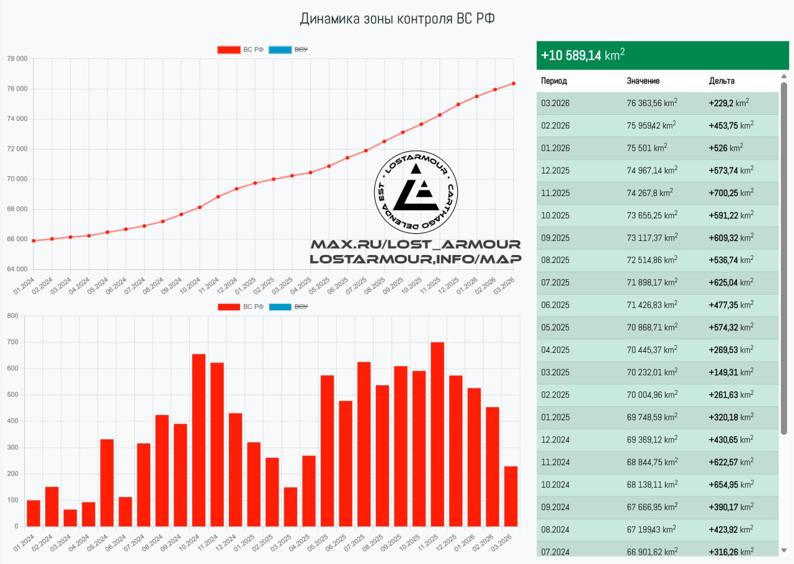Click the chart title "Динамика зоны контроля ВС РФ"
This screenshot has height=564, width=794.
[x=397, y=19]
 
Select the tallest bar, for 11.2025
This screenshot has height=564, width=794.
[x=437, y=434]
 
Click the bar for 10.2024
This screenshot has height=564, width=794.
[x=199, y=441]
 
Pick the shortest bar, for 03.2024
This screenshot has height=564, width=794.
[x=70, y=518]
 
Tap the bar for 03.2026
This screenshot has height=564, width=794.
[x=511, y=496]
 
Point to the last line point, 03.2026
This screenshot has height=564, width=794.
[x=514, y=84]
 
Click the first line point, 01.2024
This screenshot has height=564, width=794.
[x=33, y=241]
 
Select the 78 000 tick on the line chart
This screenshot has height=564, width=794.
[x=17, y=58]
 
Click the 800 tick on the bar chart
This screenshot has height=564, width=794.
[x=13, y=315]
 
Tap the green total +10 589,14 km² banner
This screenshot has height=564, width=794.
[x=662, y=55]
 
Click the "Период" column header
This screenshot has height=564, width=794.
[x=554, y=81]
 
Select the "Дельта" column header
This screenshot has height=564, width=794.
[x=721, y=81]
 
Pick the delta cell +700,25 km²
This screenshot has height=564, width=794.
[x=731, y=192]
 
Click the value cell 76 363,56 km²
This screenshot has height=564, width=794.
[x=652, y=103]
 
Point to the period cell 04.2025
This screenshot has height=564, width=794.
[x=555, y=350]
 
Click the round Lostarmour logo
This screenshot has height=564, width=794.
[x=416, y=192]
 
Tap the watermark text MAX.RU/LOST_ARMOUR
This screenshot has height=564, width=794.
[x=416, y=244]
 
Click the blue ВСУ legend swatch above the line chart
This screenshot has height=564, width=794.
[x=280, y=50]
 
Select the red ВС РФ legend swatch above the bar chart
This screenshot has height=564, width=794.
[x=229, y=307]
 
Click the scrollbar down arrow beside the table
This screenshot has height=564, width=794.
[x=783, y=550]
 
